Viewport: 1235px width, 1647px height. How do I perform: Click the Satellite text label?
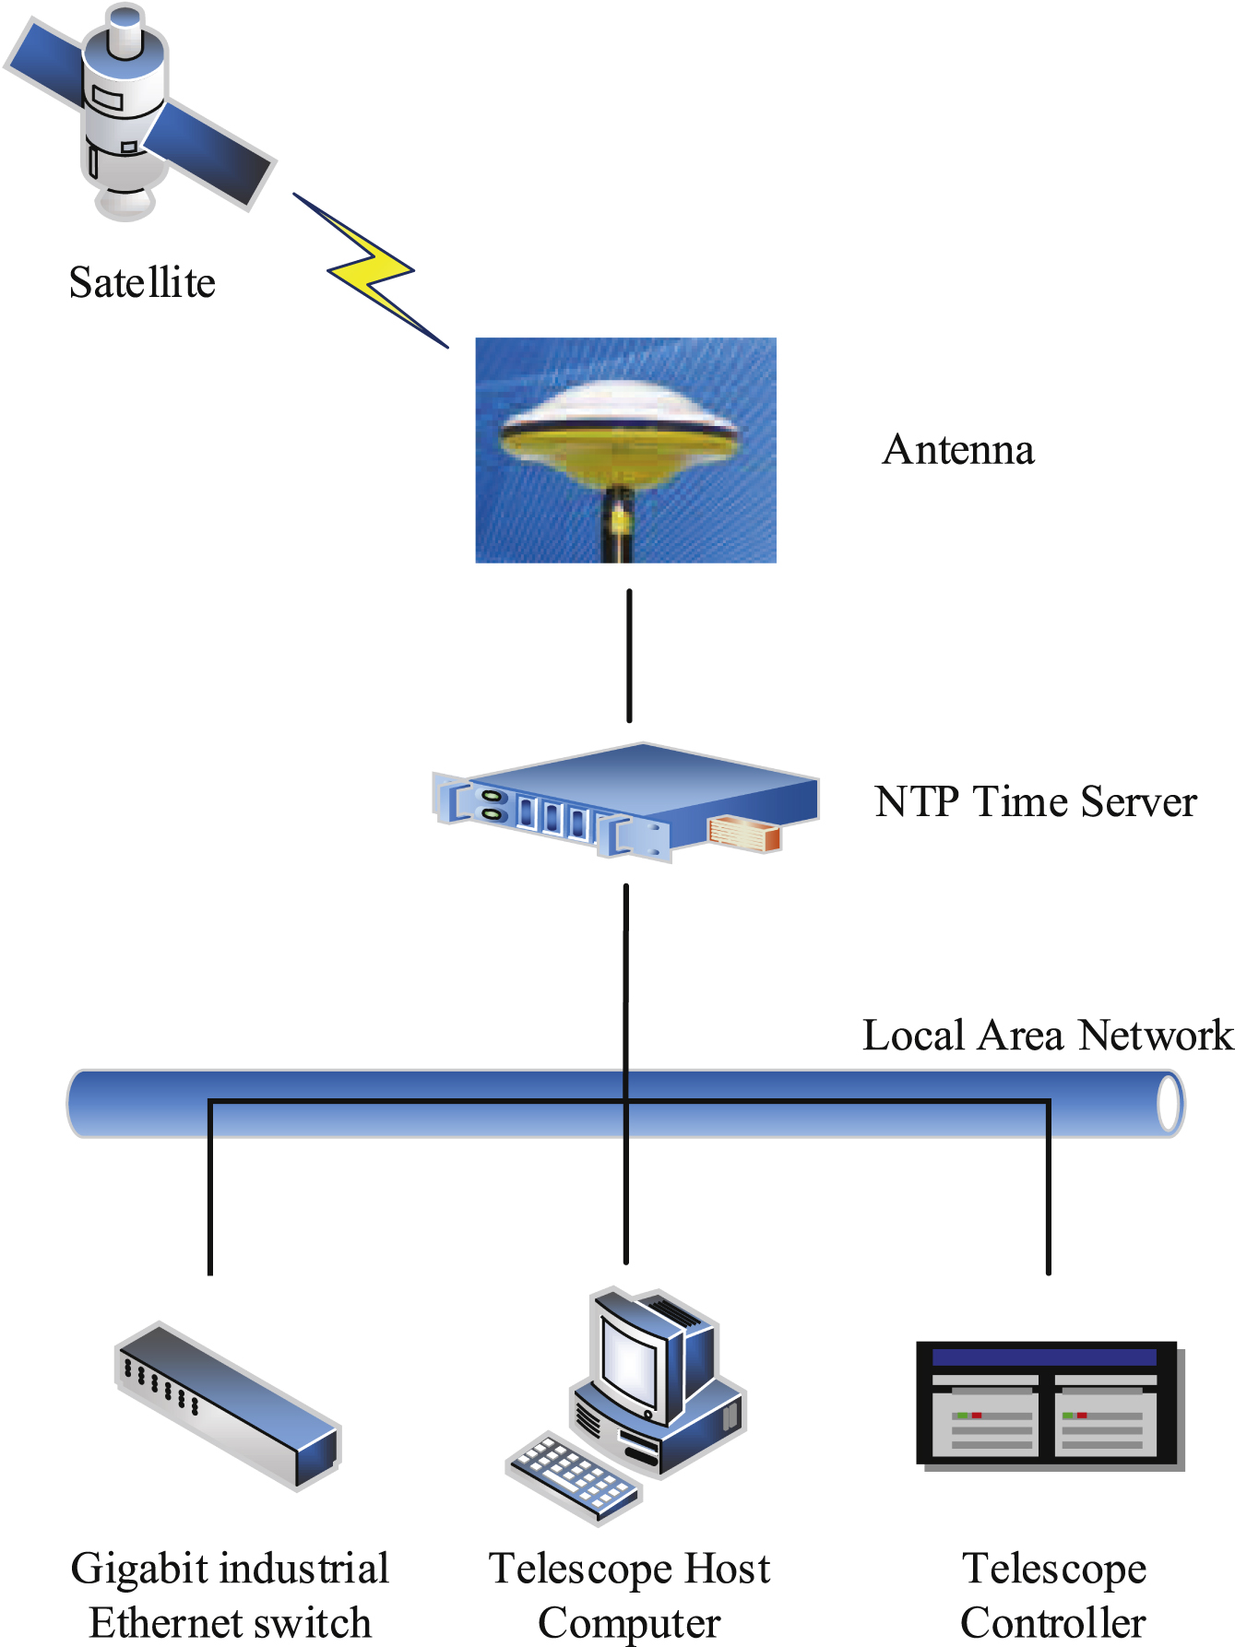[x=142, y=282]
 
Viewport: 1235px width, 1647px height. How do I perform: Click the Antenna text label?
[x=957, y=450]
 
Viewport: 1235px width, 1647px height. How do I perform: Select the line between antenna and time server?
[x=629, y=655]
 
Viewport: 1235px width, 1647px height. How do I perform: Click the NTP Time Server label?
[x=1035, y=801]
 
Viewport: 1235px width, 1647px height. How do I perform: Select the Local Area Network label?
[x=1047, y=1035]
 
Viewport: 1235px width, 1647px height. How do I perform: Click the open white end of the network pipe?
[x=1170, y=1104]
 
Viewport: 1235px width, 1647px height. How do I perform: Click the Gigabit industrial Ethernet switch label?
[x=230, y=1594]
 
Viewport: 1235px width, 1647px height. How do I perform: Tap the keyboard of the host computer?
[x=573, y=1475]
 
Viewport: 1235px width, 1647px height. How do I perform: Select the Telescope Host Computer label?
[x=629, y=1594]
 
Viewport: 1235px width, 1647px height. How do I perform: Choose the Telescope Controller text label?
[x=1053, y=1594]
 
